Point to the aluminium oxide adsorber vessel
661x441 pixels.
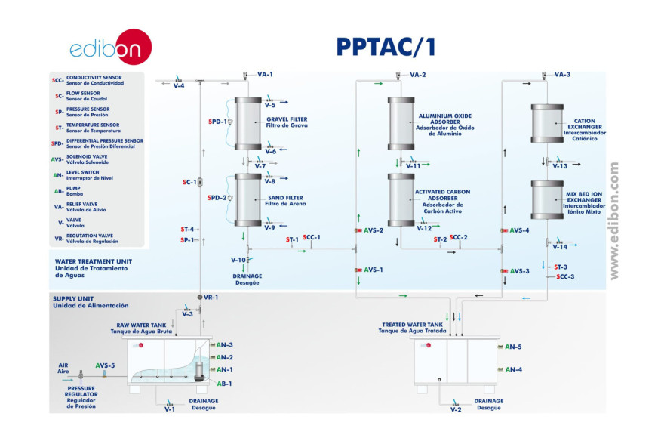401,125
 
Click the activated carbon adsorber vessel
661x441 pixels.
401,199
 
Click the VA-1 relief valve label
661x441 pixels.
265,75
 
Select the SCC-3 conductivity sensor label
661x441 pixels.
565,277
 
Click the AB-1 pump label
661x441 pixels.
225,383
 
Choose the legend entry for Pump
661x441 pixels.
75,190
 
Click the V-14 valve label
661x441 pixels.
559,247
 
